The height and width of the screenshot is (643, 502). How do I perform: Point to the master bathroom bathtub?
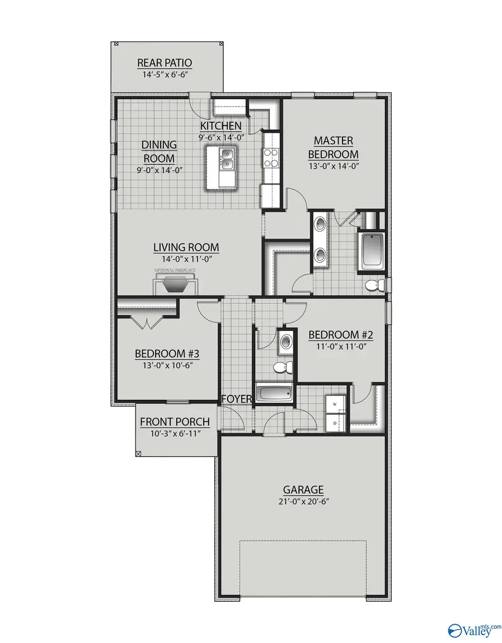tap(371, 250)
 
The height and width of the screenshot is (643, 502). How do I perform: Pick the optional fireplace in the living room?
tap(176, 284)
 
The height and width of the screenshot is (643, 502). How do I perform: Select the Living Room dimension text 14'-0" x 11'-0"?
tap(186, 259)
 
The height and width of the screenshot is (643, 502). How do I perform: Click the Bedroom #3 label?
tap(167, 354)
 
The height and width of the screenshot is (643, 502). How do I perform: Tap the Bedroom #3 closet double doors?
tap(147, 322)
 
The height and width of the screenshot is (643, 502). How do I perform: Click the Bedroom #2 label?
tap(340, 335)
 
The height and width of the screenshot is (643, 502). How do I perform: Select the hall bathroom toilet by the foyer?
tap(281, 368)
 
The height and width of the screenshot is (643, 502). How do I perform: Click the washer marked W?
tap(336, 404)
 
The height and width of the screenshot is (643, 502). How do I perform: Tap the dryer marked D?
tap(336, 423)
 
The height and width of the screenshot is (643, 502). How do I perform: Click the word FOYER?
tap(236, 399)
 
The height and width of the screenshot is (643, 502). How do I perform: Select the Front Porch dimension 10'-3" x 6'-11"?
tap(175, 433)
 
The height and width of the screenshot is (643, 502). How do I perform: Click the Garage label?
tap(303, 490)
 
